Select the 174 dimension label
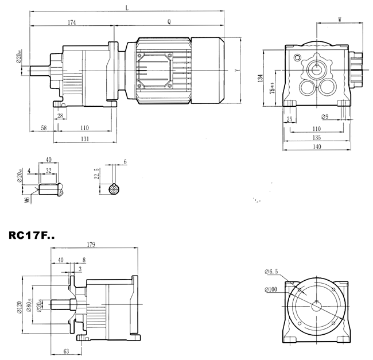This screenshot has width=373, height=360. [72, 22]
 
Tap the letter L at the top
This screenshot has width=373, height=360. [126, 7]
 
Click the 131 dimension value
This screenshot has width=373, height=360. [84, 139]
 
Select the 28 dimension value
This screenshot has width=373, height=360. [60, 117]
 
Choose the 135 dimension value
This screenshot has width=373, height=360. [316, 138]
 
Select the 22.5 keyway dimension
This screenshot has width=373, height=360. [98, 175]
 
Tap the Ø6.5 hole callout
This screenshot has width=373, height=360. [271, 271]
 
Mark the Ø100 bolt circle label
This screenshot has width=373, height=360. [271, 289]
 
